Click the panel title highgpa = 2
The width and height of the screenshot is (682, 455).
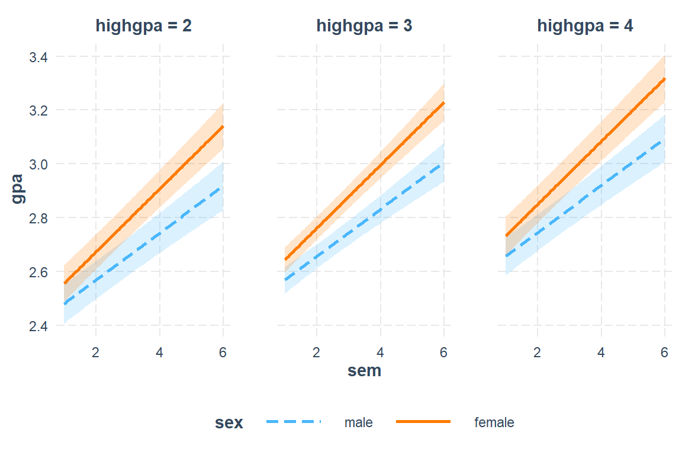(x=143, y=26)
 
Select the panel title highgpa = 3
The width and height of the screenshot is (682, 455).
(x=364, y=26)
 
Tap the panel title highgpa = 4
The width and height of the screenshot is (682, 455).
(x=585, y=26)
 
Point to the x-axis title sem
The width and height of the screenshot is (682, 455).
(x=364, y=371)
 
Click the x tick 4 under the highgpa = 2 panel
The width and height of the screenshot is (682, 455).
(x=160, y=352)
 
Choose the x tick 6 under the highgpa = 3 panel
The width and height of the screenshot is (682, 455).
(x=443, y=352)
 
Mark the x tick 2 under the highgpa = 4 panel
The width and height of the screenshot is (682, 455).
(x=538, y=352)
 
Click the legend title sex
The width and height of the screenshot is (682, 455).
(x=229, y=423)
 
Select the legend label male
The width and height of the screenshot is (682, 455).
(x=359, y=423)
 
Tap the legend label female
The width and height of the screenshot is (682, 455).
(x=494, y=423)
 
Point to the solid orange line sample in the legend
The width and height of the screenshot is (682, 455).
(x=423, y=422)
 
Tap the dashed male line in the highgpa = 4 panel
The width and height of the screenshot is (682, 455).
(x=601, y=187)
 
